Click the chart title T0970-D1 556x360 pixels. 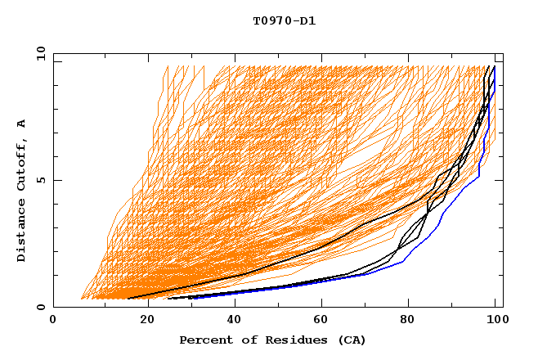(284, 20)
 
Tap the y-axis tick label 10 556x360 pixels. (40, 52)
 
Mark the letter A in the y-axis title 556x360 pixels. (22, 123)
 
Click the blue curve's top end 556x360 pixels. (494, 67)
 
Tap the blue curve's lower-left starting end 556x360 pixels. (190, 299)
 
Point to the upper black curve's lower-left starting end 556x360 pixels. (128, 299)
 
